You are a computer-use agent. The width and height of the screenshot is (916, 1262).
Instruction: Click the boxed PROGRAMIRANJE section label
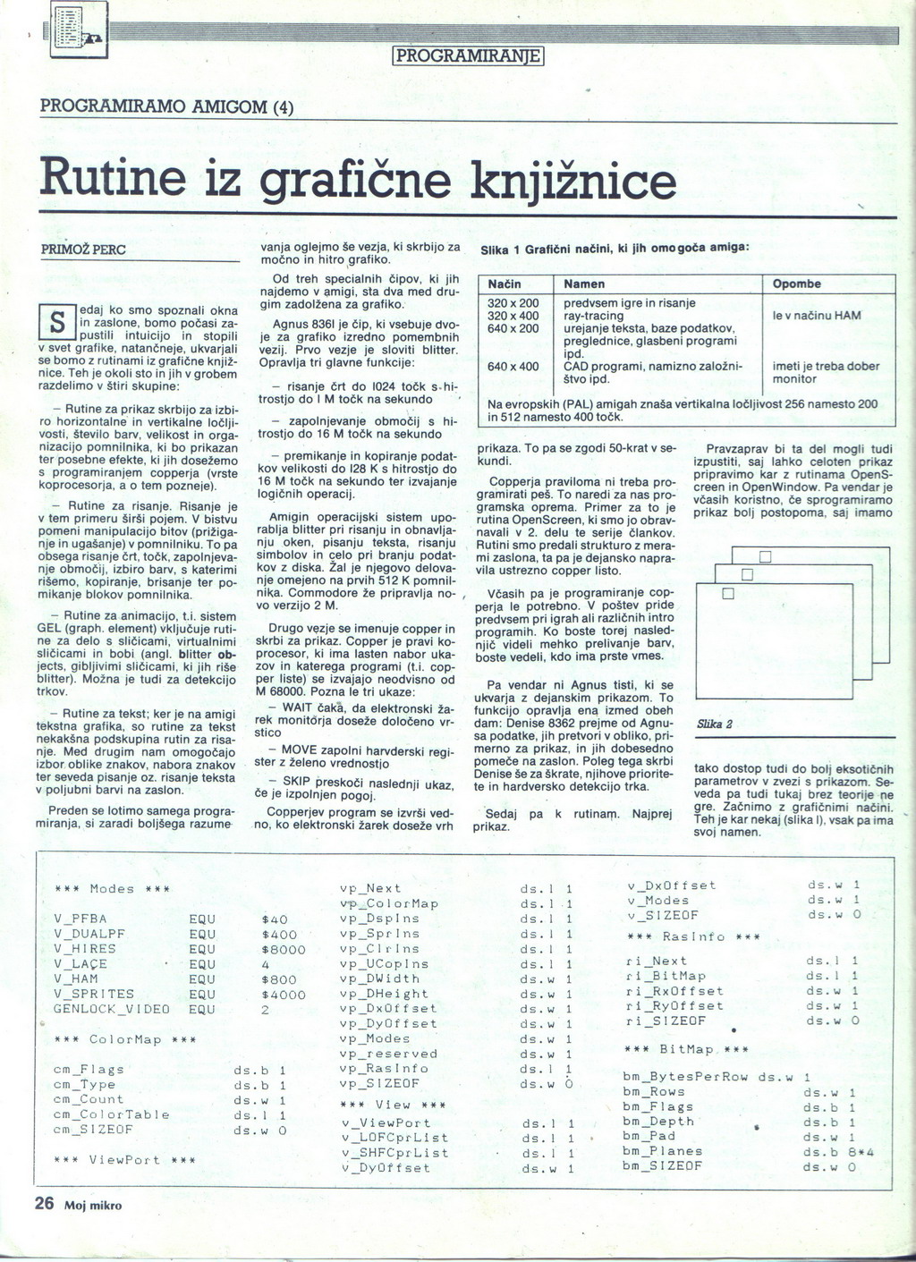[x=469, y=56]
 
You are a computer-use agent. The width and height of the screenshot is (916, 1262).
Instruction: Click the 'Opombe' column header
[x=796, y=284]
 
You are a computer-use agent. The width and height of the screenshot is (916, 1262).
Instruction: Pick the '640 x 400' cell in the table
[x=513, y=366]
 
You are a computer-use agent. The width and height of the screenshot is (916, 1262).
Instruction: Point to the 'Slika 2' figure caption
[x=714, y=724]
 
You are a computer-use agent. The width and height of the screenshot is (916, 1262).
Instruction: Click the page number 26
[x=45, y=1203]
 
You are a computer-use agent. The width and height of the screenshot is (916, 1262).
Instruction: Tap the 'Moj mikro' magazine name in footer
[x=92, y=1205]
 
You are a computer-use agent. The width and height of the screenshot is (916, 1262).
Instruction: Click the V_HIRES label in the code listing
[x=85, y=948]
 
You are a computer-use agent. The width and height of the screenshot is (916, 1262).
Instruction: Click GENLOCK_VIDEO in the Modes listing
[x=112, y=1009]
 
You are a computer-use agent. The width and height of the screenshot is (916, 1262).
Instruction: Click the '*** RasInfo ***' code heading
[x=693, y=936]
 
